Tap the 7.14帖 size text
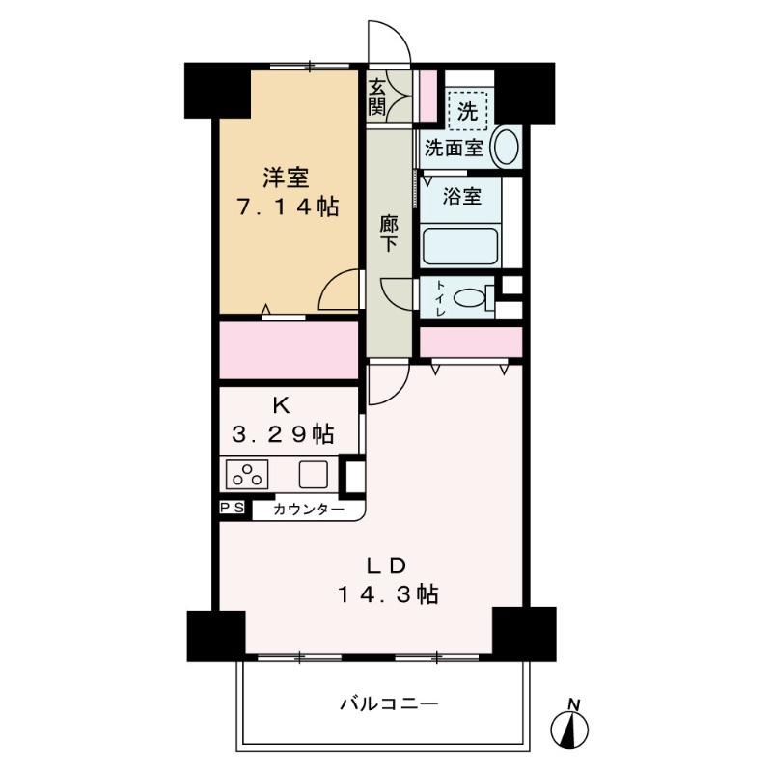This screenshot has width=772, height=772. coord(288,207)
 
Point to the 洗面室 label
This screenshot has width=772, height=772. coord(454,149)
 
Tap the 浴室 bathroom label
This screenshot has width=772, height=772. coord(461,197)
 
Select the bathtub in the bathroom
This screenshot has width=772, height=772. coord(460,245)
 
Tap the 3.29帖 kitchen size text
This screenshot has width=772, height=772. coord(284,435)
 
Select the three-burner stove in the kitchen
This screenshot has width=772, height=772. coord(249,475)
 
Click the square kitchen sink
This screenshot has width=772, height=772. coord(313,475)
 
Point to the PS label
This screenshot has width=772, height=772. coord(233,508)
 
